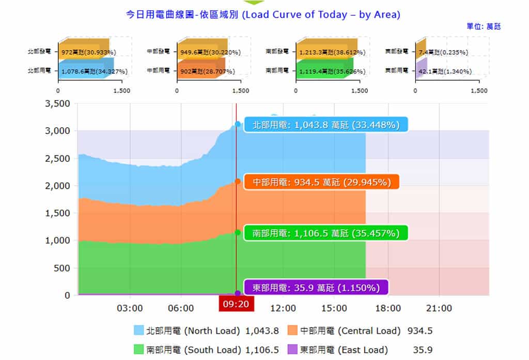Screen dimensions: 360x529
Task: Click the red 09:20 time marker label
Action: click(236, 304)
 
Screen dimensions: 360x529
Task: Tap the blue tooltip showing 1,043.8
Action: click(326, 124)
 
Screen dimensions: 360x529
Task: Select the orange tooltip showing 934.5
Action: click(326, 182)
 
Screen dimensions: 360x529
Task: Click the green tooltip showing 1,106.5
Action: click(326, 233)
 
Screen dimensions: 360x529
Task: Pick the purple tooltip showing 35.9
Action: click(315, 288)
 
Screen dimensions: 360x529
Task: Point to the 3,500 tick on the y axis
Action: click(57, 103)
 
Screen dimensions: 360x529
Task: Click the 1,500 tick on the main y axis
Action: click(57, 213)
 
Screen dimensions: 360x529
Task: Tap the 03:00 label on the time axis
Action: click(130, 308)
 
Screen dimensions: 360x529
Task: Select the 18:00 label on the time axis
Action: click(387, 308)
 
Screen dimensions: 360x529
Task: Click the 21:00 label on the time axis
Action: click(439, 308)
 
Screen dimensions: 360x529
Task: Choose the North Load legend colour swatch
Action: click(138, 331)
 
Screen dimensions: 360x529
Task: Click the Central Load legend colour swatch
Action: click(292, 331)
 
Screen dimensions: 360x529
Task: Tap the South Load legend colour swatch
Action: click(138, 350)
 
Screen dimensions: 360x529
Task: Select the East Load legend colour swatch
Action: click(292, 350)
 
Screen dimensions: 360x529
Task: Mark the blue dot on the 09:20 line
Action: click(238, 124)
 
